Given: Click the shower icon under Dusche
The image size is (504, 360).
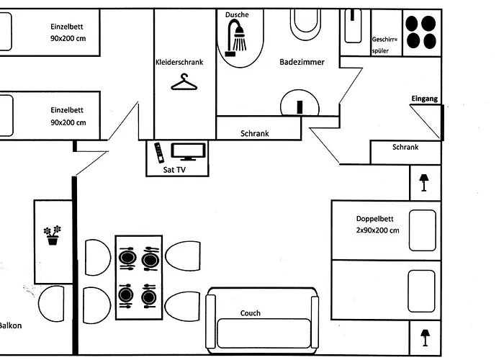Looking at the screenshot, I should (236, 36).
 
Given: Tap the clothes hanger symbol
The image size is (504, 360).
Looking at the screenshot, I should (184, 83).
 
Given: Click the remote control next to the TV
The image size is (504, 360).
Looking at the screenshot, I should (158, 153).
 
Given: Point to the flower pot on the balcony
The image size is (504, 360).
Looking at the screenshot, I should (53, 235).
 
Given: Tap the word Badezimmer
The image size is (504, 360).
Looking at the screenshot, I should (302, 63).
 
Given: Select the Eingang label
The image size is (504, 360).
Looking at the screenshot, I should (424, 99).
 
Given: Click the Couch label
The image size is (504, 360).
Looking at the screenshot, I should (251, 313).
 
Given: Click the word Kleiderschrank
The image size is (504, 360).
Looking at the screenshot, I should (179, 63).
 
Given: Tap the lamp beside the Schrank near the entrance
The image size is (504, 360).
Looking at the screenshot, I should (423, 181).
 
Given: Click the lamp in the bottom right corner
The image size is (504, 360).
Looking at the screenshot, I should (424, 337).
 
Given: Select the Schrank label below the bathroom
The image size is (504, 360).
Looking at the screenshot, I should (255, 134).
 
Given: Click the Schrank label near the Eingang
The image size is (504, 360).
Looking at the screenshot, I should (405, 148).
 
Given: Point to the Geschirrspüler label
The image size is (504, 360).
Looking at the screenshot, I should (384, 45).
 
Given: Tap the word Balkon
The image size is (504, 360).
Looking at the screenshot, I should (10, 325).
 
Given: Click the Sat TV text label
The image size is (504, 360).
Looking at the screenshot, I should (166, 170).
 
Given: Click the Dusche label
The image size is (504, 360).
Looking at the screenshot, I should (236, 14).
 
